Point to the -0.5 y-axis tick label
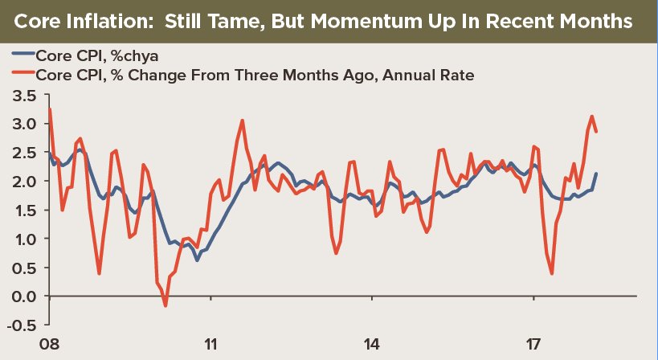(x=23, y=325)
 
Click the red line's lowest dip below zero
(x=166, y=305)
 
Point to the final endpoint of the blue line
(x=596, y=174)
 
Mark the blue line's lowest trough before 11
(x=197, y=260)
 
